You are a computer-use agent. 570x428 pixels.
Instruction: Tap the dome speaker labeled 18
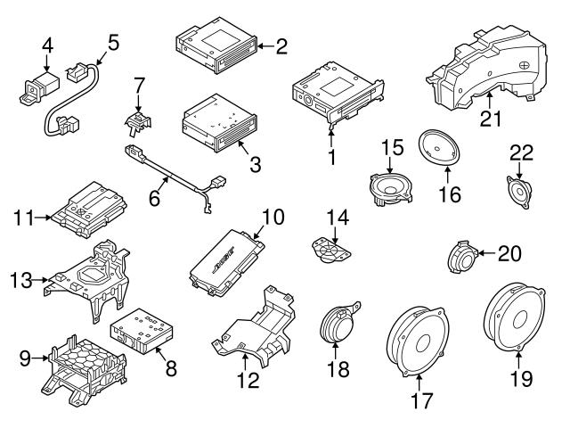pyautogui.click(x=339, y=323)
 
